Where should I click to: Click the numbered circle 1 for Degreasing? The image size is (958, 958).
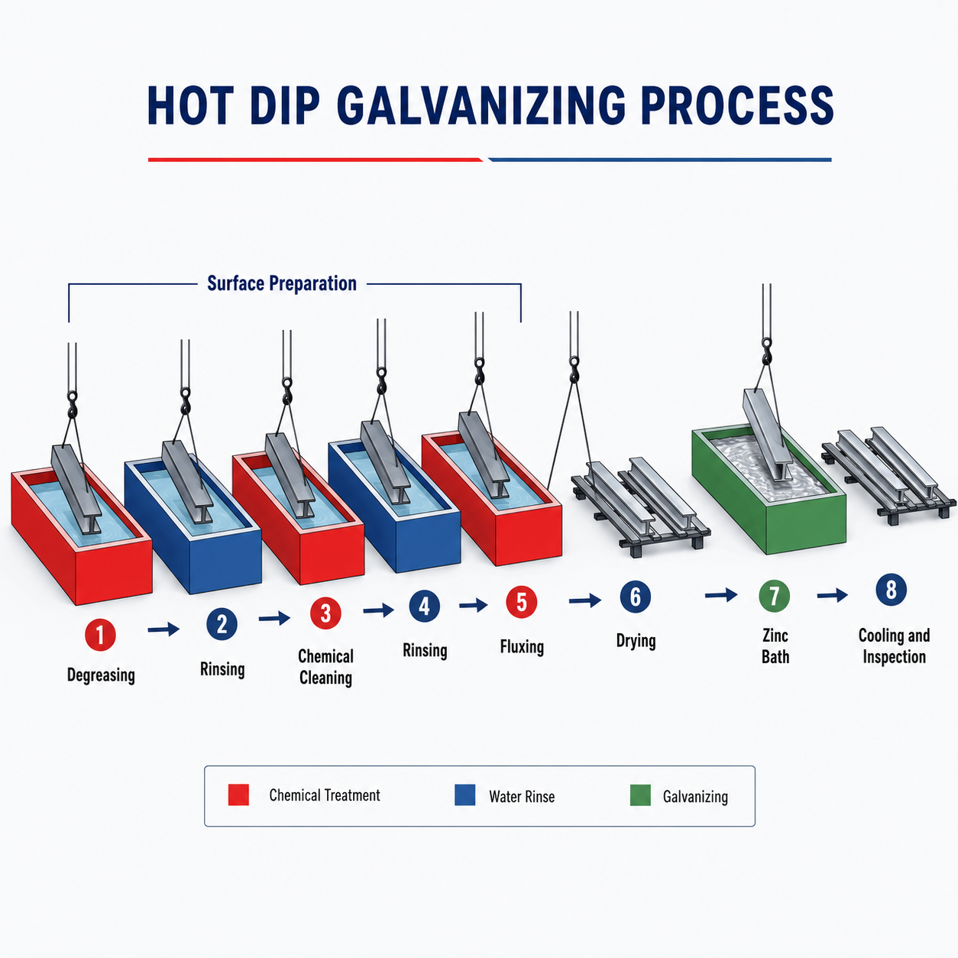tap(100, 635)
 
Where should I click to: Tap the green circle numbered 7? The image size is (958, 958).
tap(774, 596)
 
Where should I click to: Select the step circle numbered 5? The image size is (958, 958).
tap(521, 602)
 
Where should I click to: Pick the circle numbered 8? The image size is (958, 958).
tap(891, 590)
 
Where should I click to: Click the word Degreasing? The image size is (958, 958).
tap(101, 675)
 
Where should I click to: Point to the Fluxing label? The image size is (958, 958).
tap(522, 647)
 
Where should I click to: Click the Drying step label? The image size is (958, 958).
tap(636, 641)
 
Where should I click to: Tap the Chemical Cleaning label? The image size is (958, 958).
tap(325, 667)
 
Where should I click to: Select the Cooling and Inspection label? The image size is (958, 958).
tap(894, 646)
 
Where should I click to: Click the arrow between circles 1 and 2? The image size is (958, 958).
tap(163, 629)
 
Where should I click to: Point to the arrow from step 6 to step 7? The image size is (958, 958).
tap(721, 594)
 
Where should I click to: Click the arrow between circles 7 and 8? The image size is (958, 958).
tap(832, 594)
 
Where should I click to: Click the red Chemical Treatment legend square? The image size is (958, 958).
tap(238, 795)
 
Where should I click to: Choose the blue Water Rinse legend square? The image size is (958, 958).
tap(464, 795)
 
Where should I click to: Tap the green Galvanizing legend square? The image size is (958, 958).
tap(640, 795)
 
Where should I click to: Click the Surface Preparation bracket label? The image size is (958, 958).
tap(282, 283)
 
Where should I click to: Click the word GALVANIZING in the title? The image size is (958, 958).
tap(481, 105)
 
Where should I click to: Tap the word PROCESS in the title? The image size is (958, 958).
tap(736, 105)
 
